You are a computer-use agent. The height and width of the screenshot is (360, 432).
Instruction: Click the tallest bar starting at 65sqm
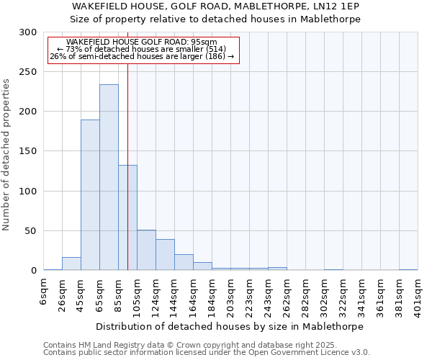109,178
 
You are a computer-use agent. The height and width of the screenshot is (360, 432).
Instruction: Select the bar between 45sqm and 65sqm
90,195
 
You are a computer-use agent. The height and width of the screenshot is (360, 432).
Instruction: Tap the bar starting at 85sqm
127,217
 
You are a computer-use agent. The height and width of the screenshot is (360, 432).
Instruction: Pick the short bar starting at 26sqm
71,264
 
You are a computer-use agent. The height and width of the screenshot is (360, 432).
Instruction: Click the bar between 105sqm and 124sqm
146,251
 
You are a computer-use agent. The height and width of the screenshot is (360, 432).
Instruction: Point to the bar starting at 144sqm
184,263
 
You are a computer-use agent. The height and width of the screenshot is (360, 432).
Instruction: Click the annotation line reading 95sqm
141,42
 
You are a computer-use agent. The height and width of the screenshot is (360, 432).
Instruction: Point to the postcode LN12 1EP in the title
334,6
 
